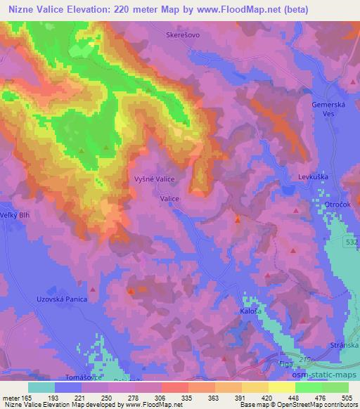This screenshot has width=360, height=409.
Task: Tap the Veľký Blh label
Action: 14,215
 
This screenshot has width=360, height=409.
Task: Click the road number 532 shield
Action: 352,241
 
